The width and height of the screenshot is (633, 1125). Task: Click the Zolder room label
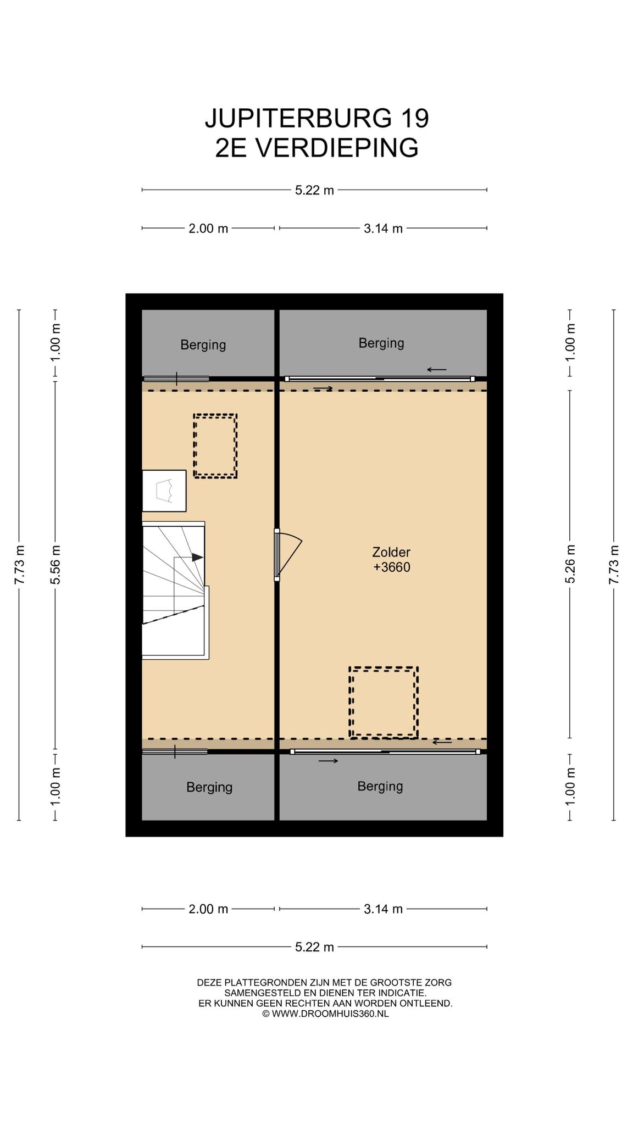(391, 552)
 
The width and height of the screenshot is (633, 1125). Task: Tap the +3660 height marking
(392, 567)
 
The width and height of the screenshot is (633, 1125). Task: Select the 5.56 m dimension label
(55, 565)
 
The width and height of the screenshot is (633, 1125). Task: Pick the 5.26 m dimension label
(570, 564)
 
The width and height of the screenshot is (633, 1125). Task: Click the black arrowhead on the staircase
(198, 557)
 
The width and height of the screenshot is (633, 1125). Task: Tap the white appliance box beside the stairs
(164, 491)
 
